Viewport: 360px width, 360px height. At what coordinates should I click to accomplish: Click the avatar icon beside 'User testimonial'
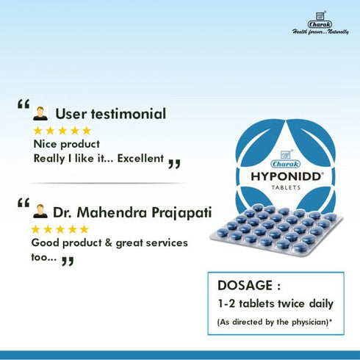(40, 114)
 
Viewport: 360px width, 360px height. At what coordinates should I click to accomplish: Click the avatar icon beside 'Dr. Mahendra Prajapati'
(40, 212)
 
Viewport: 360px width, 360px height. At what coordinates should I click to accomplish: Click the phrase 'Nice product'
(67, 144)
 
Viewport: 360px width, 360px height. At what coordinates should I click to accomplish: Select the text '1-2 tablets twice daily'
(274, 304)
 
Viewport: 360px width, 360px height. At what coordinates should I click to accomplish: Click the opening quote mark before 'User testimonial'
(23, 107)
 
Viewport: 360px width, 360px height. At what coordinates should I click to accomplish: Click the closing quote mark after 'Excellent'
(174, 162)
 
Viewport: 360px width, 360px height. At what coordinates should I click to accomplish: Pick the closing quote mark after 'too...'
(68, 260)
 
